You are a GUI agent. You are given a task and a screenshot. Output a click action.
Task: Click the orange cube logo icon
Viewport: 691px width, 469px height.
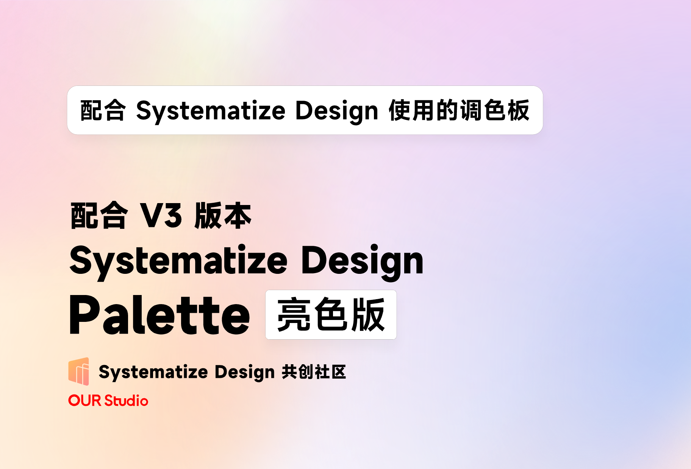click(79, 371)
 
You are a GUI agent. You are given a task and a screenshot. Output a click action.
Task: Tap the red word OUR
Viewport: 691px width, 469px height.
click(85, 401)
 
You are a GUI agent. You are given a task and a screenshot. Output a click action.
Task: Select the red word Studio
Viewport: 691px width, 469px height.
click(126, 401)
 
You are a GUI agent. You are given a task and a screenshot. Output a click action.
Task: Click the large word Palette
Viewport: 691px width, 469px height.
click(159, 315)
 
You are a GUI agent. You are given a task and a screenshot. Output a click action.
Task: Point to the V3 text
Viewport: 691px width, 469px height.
click(161, 215)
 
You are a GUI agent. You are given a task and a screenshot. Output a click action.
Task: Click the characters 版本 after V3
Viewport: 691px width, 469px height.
click(223, 215)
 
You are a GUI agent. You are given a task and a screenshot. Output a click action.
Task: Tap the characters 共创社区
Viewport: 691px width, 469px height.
click(314, 372)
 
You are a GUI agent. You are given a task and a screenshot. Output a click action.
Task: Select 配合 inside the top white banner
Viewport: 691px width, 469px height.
click(103, 110)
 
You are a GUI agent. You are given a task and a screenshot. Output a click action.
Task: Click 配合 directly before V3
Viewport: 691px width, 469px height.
click(99, 215)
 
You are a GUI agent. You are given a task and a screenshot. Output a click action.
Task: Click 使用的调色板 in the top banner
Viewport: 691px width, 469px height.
click(459, 110)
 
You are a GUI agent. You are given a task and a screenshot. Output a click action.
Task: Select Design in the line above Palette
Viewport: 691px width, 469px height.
click(362, 261)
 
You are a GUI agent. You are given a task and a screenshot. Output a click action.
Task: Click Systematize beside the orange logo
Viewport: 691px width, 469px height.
click(153, 372)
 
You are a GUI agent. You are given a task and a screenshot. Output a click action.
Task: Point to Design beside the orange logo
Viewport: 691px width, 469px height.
click(244, 372)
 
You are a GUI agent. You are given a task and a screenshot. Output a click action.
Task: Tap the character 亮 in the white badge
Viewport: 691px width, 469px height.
click(294, 315)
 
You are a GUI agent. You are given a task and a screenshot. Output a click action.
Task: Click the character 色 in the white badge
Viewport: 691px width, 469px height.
click(331, 315)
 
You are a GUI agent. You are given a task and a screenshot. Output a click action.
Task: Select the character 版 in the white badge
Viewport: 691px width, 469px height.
click(367, 315)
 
